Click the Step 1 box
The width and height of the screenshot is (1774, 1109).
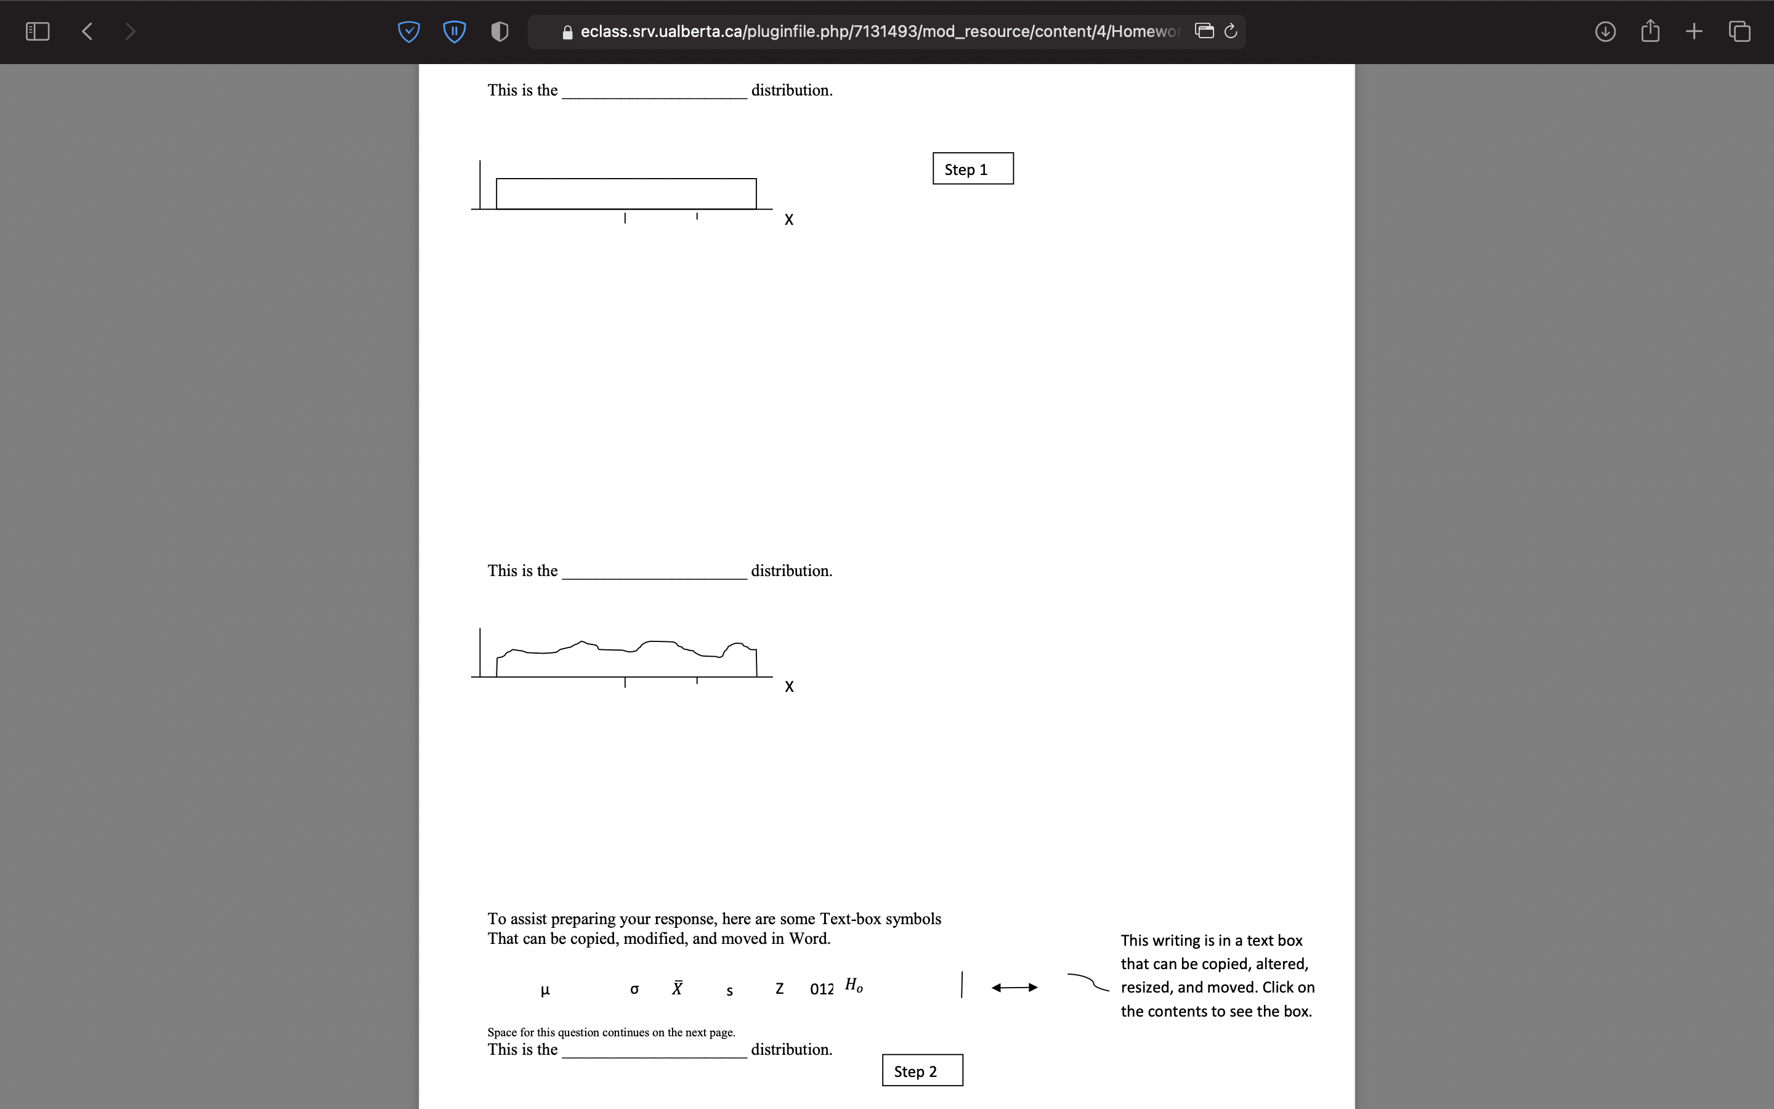973,169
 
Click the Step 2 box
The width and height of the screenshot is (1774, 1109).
922,1071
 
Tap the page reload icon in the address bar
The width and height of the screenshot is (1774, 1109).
1231,31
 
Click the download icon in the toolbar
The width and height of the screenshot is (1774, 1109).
1605,31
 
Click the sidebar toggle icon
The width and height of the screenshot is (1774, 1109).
38,31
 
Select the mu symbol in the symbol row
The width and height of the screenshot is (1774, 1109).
545,990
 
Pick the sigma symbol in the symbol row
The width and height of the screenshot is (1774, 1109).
634,989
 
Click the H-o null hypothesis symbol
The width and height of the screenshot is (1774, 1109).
854,985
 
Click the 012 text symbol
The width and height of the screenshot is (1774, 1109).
822,989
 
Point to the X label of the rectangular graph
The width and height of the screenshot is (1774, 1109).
789,220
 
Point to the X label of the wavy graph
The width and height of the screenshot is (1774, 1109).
789,686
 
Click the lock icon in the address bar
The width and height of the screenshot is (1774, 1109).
567,32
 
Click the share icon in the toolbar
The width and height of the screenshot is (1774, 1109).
1650,31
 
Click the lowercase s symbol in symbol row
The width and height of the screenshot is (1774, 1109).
729,991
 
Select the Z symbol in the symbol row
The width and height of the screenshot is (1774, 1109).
779,989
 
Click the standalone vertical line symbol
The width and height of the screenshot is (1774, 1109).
962,985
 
